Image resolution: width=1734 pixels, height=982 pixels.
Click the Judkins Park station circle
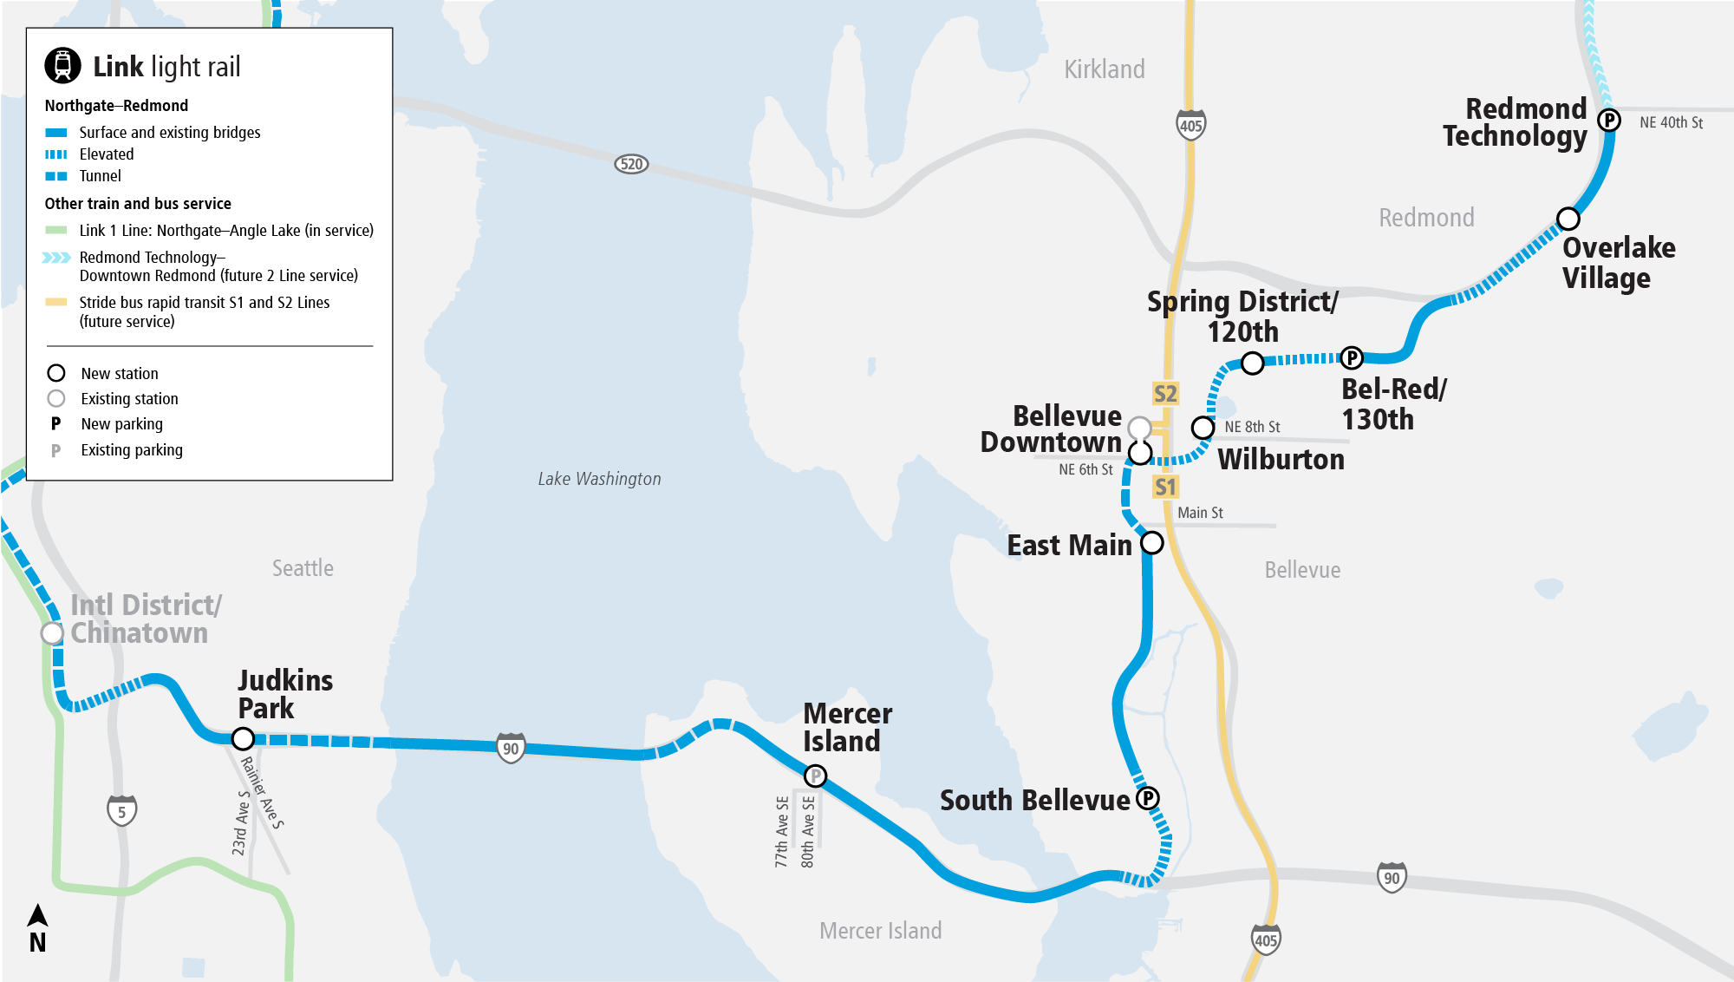tap(243, 738)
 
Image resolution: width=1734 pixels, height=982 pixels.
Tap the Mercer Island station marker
tap(815, 776)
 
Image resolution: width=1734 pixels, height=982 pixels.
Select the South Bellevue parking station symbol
tap(1148, 798)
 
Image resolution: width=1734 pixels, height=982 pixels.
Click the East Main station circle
tap(1151, 543)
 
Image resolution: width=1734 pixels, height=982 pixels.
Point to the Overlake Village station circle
tap(1568, 219)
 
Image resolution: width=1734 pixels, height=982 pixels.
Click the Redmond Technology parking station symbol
tap(1609, 121)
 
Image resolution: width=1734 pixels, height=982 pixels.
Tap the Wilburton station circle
tap(1203, 428)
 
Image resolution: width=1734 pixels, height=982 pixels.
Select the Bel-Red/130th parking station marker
tap(1352, 357)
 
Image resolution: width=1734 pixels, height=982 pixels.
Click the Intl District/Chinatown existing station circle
tap(53, 633)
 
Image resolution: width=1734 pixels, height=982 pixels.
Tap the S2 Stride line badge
tap(1165, 394)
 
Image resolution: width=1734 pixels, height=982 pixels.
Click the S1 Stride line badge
tap(1165, 487)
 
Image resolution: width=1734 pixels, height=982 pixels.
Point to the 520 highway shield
tap(631, 164)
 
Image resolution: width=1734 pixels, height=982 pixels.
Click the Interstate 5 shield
tap(121, 811)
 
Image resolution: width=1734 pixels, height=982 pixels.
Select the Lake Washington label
tap(599, 479)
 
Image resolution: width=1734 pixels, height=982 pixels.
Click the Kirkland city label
tap(1104, 69)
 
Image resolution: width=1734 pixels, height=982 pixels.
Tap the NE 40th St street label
tap(1671, 123)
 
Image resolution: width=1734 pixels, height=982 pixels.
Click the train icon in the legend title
tap(62, 65)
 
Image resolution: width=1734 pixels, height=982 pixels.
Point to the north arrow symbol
tap(37, 916)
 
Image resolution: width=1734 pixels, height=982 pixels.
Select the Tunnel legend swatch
tap(56, 176)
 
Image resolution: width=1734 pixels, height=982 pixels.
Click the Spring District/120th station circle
tap(1252, 363)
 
